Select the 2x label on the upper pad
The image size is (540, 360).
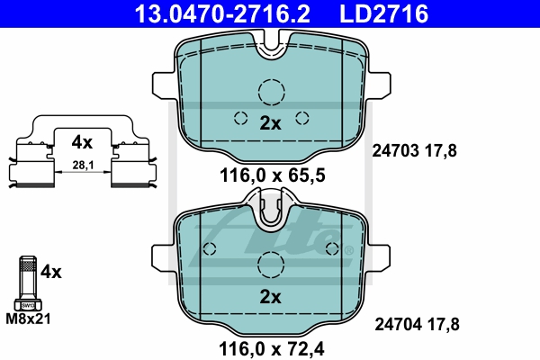(x=270, y=124)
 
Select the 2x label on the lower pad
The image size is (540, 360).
(x=270, y=296)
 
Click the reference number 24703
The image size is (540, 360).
(x=396, y=151)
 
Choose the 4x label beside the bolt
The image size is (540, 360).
(x=50, y=270)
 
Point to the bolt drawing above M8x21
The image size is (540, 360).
(x=26, y=281)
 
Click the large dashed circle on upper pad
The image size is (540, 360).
(x=270, y=92)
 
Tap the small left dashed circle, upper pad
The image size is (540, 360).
(x=239, y=117)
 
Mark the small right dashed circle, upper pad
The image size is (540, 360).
(x=301, y=117)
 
